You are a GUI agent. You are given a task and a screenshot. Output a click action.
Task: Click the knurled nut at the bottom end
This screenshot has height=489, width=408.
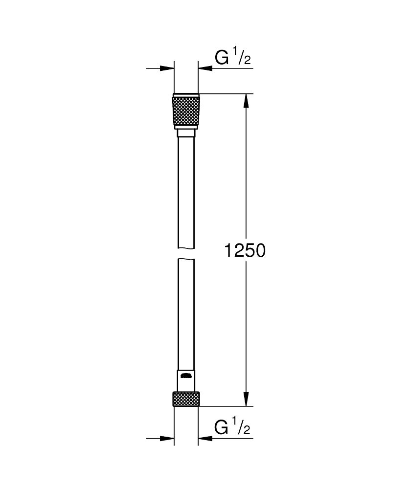pos(186,399)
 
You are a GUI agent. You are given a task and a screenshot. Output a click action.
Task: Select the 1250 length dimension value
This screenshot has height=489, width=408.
pos(244,250)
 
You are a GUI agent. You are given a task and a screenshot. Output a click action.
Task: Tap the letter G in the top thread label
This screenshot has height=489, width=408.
pos(223,58)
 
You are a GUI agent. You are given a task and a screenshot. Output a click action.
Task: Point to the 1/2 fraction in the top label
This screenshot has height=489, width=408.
pos(243,58)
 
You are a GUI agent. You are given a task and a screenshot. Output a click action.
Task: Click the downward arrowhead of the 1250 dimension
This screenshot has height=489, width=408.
pos(247,400)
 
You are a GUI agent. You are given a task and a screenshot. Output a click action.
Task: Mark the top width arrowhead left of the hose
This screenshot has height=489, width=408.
pos(169,68)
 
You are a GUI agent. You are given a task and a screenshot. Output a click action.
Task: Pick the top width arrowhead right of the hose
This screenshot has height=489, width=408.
pos(204,68)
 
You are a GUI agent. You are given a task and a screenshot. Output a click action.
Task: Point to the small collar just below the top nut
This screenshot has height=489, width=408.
pos(186,133)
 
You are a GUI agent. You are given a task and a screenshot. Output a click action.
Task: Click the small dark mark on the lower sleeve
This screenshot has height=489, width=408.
pos(186,376)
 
